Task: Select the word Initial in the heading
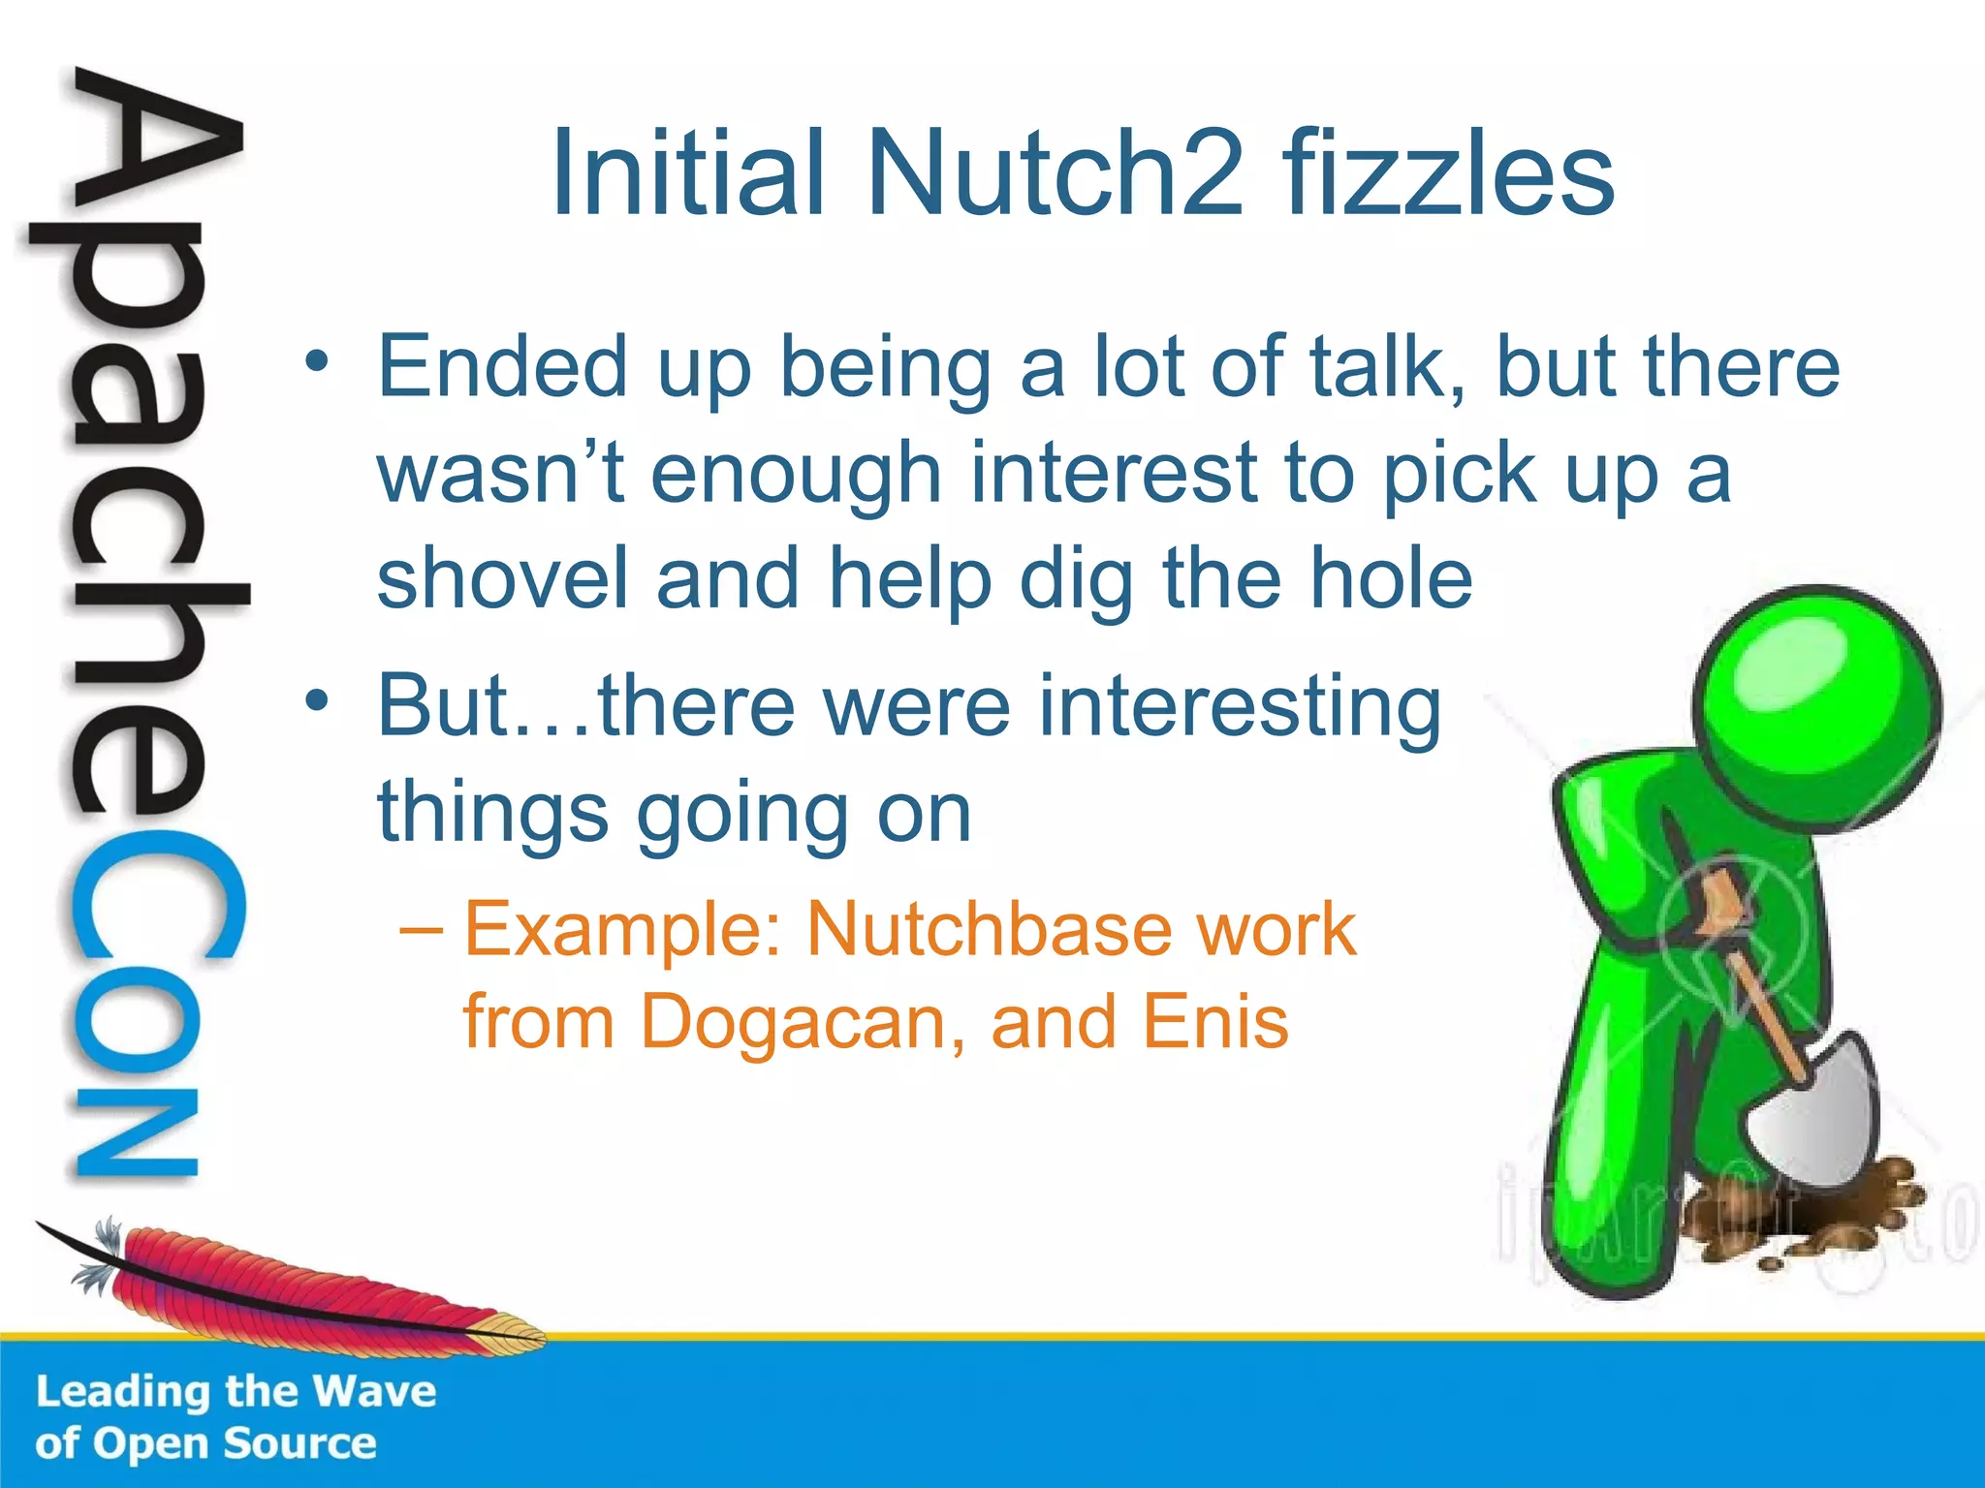(688, 174)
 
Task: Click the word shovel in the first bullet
(502, 578)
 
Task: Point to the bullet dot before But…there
(316, 699)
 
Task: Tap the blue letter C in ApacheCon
(155, 906)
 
